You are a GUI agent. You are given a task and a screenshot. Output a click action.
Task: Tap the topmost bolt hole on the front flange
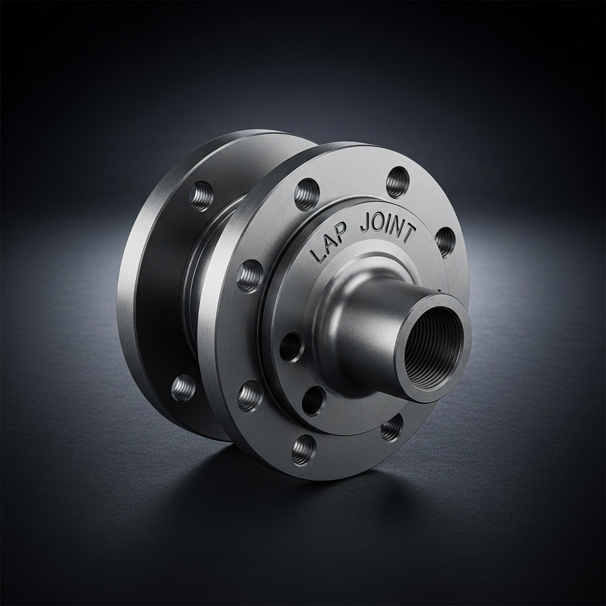(398, 181)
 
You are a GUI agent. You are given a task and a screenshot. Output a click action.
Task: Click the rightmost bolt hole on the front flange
(444, 242)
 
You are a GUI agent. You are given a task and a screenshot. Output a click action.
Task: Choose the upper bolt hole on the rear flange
(201, 196)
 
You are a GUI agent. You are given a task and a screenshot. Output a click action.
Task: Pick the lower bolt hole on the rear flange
(183, 388)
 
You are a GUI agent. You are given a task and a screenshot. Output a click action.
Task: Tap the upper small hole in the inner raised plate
(291, 347)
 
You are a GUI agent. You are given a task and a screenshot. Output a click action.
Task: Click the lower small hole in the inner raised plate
(314, 401)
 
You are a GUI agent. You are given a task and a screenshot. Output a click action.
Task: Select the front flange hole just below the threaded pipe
(391, 428)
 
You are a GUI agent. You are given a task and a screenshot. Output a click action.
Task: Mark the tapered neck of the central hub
(355, 331)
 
